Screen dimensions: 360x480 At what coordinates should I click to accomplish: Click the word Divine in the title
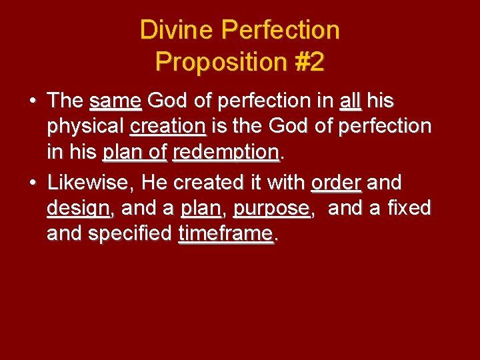175,30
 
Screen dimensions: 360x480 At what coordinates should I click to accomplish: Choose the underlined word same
115,101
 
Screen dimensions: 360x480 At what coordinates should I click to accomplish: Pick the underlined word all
350,101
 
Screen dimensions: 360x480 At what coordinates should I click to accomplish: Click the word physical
85,127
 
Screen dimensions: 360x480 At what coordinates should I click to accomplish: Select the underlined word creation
167,127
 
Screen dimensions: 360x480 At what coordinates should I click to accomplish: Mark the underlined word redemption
225,153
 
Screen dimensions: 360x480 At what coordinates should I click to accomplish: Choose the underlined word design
79,207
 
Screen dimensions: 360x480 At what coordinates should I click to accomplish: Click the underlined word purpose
271,207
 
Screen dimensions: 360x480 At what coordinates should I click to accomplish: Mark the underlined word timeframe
226,234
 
